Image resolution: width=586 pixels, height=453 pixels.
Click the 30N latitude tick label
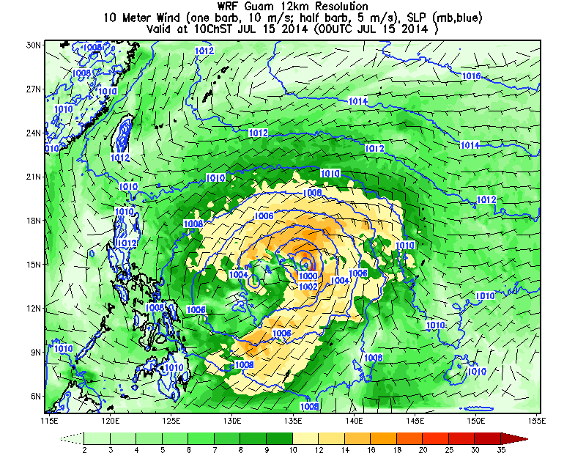click(33, 45)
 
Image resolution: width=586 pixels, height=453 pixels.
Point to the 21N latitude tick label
click(33, 177)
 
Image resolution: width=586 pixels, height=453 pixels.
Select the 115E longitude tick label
click(49, 420)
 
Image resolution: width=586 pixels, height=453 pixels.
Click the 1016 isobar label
click(471, 76)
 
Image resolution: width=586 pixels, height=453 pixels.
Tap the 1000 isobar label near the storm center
click(308, 276)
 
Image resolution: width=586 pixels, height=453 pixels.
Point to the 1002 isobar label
click(308, 286)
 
